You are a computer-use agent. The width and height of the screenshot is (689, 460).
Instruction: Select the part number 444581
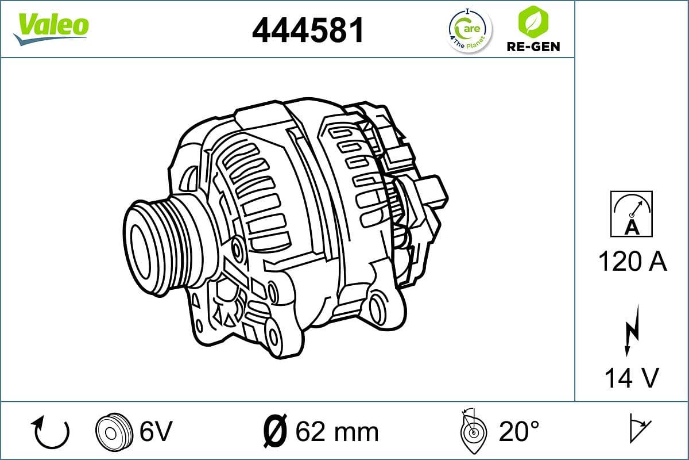tap(308, 29)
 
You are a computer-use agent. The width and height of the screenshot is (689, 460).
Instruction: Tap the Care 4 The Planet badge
tap(469, 30)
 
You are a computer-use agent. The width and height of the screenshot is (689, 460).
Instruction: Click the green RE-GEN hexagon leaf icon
tap(532, 21)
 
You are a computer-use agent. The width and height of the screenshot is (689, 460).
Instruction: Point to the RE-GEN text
tap(533, 46)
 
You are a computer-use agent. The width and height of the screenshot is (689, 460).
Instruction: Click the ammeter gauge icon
tap(632, 214)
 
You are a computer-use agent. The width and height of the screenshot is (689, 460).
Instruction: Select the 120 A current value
tap(632, 262)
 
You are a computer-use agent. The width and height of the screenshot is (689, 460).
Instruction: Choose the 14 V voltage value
tap(632, 378)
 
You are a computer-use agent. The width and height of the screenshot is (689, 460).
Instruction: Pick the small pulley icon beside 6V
tap(111, 431)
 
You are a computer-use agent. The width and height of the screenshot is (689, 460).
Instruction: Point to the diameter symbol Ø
tap(274, 431)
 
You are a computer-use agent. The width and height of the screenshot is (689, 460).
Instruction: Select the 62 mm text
tap(336, 431)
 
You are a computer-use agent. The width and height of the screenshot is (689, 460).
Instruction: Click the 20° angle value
tap(519, 431)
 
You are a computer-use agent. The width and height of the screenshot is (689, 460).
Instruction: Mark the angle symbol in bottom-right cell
tap(639, 428)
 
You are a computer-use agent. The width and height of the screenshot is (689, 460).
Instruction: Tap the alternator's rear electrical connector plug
tap(431, 193)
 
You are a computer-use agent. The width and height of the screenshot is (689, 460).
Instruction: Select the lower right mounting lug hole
tap(378, 310)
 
